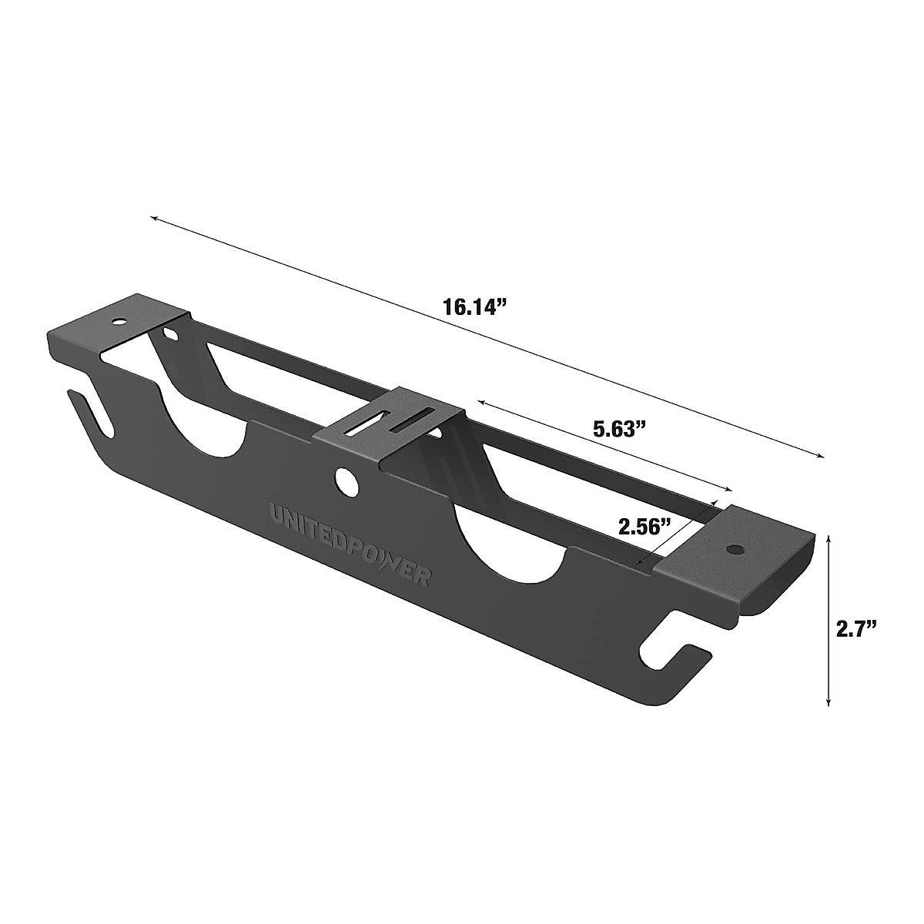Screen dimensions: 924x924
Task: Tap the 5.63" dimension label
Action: pos(618,429)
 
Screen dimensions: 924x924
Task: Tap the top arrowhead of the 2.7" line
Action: pos(828,537)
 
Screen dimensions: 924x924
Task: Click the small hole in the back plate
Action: pos(169,334)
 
